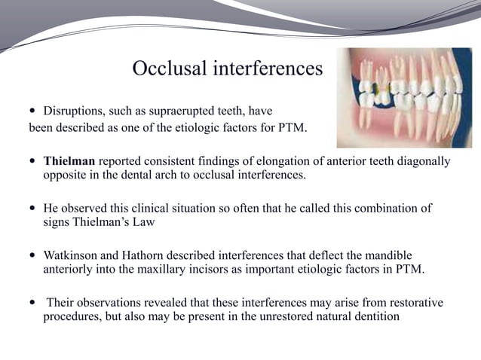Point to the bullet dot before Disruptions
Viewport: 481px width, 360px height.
coord(32,111)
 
